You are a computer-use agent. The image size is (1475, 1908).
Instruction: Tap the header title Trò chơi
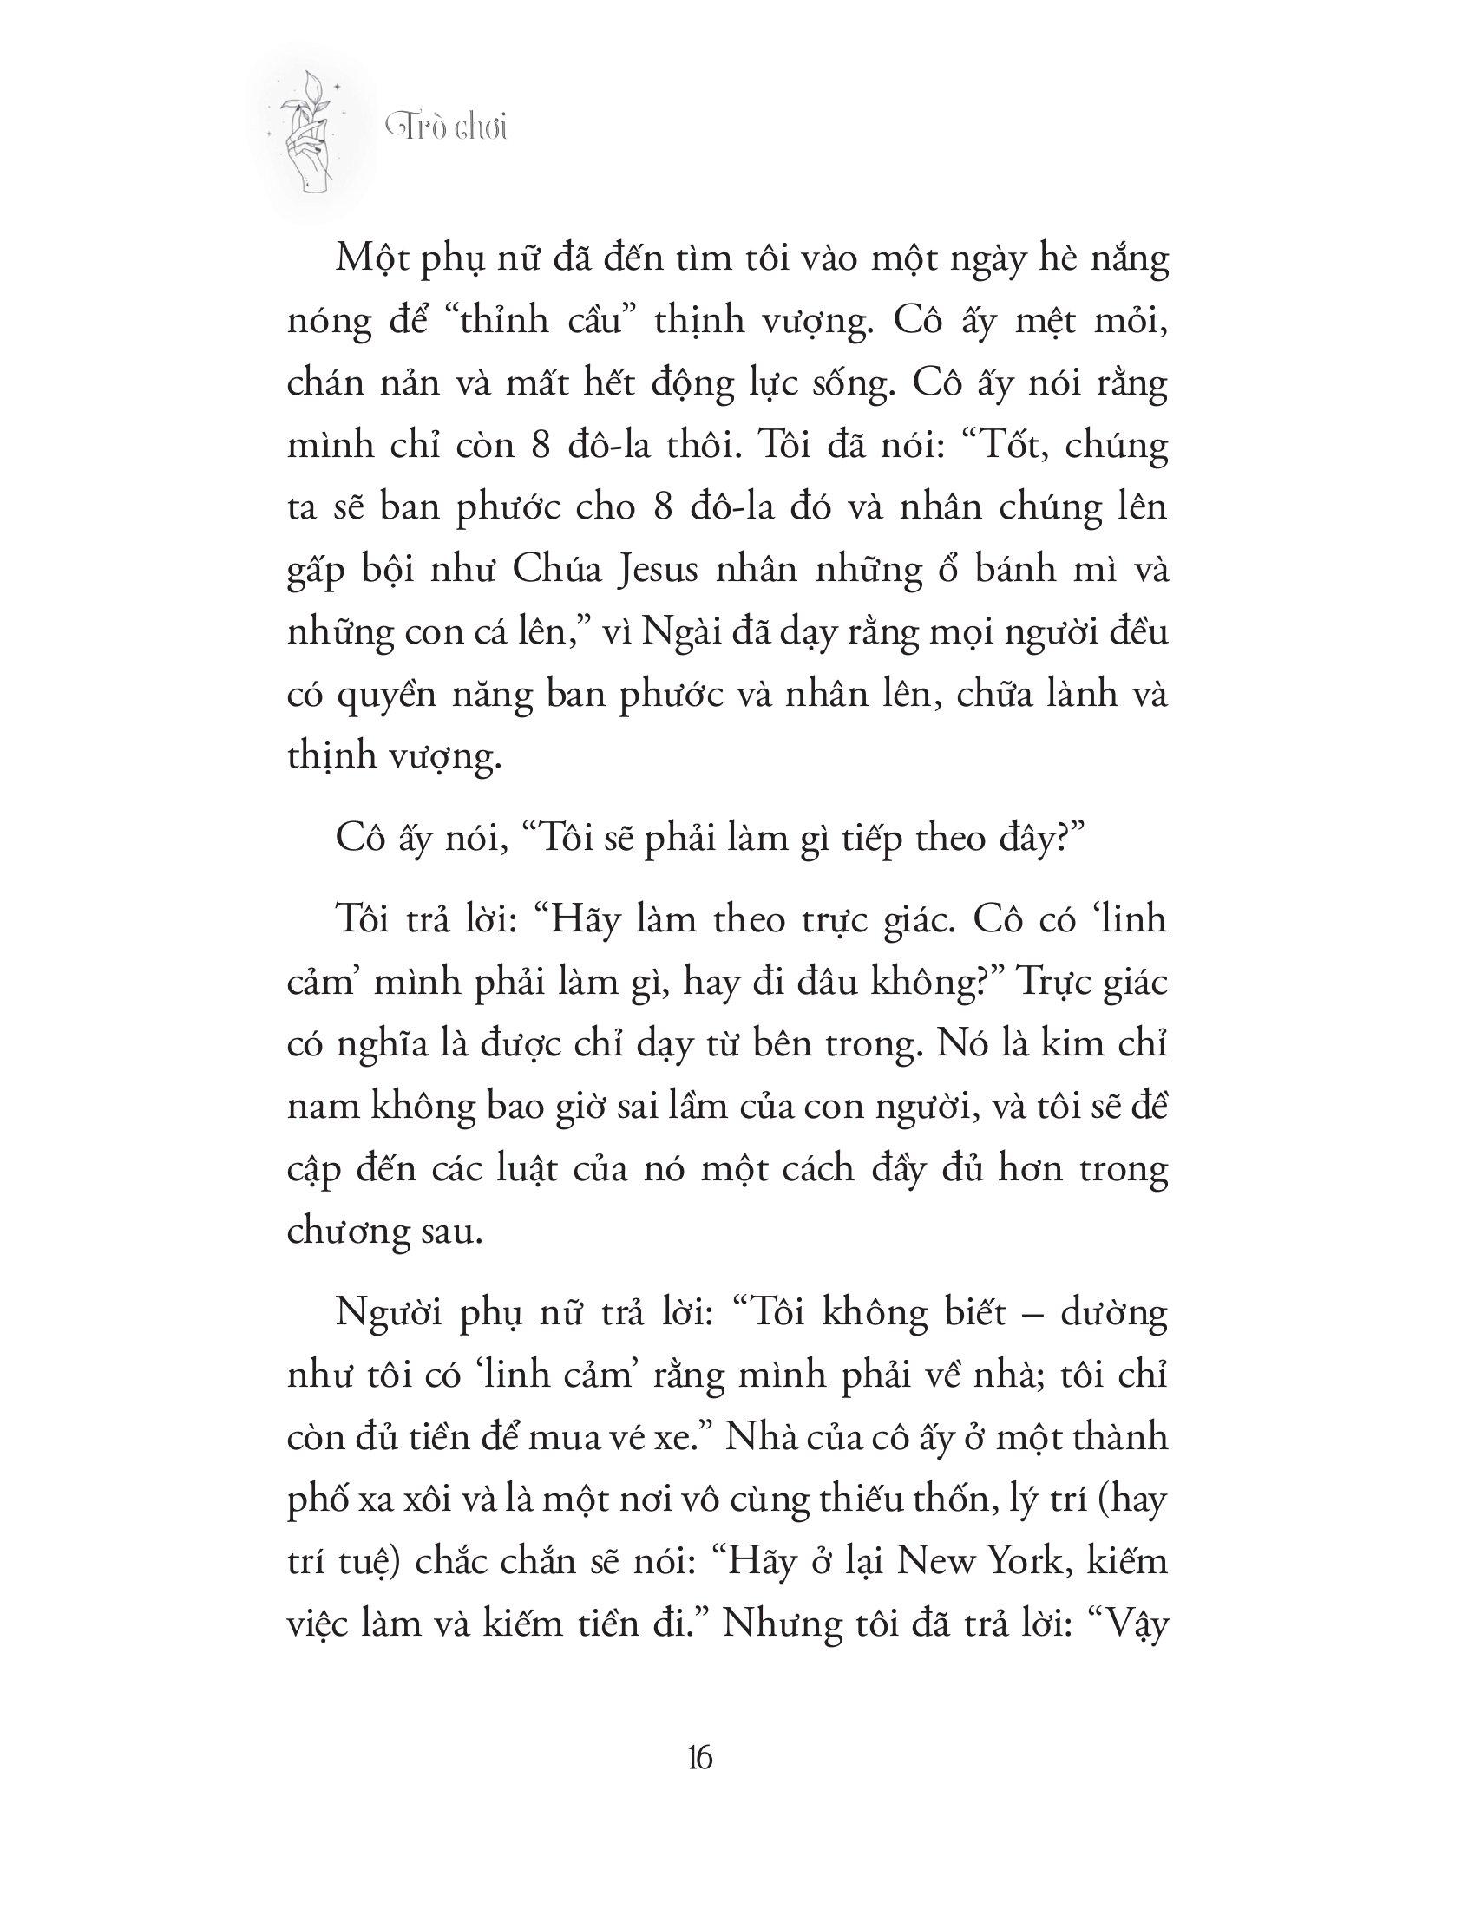(447, 128)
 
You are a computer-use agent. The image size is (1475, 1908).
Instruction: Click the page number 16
(701, 1757)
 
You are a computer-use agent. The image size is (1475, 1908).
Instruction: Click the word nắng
(1126, 263)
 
